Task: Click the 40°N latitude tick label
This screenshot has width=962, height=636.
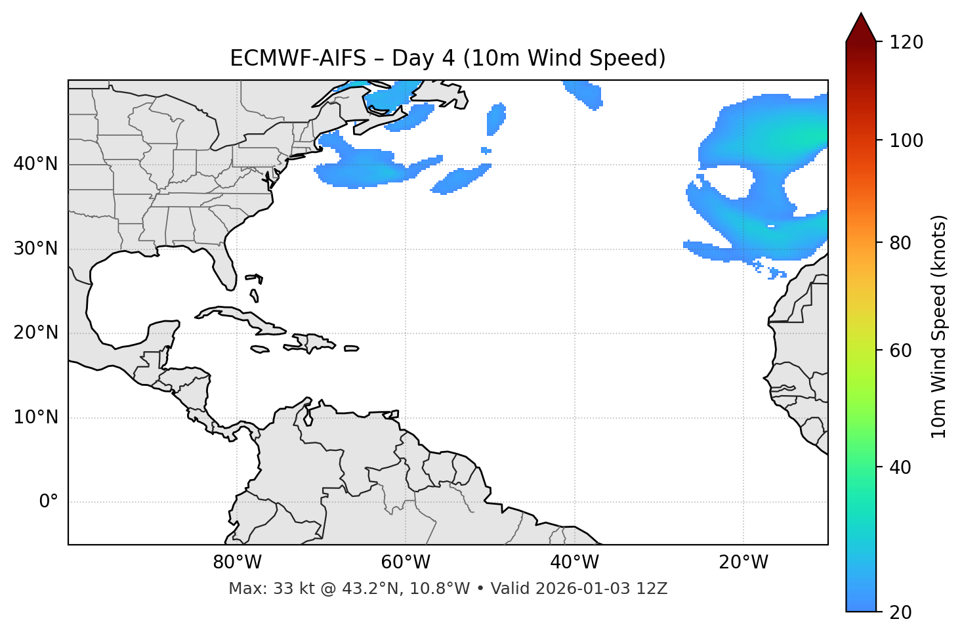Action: pyautogui.click(x=35, y=164)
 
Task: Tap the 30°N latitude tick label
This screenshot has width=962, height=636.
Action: pyautogui.click(x=35, y=249)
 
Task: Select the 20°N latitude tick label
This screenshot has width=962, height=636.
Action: pyautogui.click(x=35, y=333)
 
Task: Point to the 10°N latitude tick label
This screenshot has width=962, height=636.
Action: pyautogui.click(x=35, y=417)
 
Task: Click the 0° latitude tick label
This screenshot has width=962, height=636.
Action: pyautogui.click(x=49, y=502)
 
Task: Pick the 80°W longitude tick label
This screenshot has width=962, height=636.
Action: pyautogui.click(x=237, y=562)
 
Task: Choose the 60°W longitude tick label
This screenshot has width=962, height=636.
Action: pyautogui.click(x=406, y=562)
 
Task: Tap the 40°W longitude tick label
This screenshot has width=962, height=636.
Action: pyautogui.click(x=574, y=562)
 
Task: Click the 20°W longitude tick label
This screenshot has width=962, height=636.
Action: pyautogui.click(x=743, y=562)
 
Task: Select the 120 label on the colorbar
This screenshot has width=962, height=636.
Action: pyautogui.click(x=906, y=43)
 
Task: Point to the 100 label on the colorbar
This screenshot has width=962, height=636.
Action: pyautogui.click(x=906, y=140)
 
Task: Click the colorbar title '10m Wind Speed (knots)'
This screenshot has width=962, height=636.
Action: pyautogui.click(x=939, y=326)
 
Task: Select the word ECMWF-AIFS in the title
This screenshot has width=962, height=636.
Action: pyautogui.click(x=298, y=58)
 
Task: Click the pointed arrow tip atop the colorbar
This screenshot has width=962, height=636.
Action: pyautogui.click(x=861, y=16)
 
